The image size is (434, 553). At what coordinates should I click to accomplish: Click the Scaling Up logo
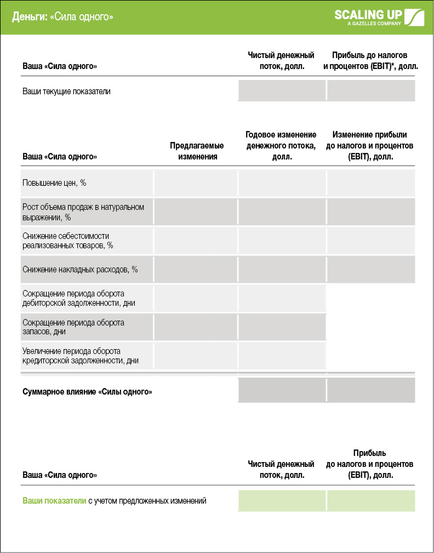tap(379, 17)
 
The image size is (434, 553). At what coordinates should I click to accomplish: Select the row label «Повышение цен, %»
tap(54, 183)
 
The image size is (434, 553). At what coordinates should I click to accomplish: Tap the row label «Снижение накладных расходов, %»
tap(80, 269)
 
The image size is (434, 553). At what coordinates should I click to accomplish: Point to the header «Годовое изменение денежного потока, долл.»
tap(281, 146)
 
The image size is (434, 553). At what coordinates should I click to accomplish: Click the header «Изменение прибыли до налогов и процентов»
tap(369, 146)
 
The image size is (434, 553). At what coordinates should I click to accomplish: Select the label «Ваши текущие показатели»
tap(66, 92)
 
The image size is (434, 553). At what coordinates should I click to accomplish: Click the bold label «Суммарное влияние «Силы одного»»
tap(87, 392)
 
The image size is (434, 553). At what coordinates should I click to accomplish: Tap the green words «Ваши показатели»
tap(54, 500)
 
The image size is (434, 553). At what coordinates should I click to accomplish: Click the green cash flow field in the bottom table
tap(282, 500)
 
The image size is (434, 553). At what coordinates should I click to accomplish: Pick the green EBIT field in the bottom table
tap(370, 500)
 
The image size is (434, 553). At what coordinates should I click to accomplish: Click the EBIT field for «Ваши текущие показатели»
tap(370, 90)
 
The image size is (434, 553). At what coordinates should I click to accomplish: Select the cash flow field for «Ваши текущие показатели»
tap(282, 90)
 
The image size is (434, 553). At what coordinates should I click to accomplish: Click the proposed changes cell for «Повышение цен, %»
tap(196, 183)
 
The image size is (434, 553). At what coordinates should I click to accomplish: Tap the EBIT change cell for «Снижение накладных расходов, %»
tap(370, 269)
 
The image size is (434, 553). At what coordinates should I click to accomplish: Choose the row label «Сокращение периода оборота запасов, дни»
tap(73, 327)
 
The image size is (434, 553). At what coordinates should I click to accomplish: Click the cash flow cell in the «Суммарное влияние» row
tap(282, 390)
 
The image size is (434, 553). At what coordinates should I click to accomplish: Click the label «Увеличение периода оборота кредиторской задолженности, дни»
tap(80, 356)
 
